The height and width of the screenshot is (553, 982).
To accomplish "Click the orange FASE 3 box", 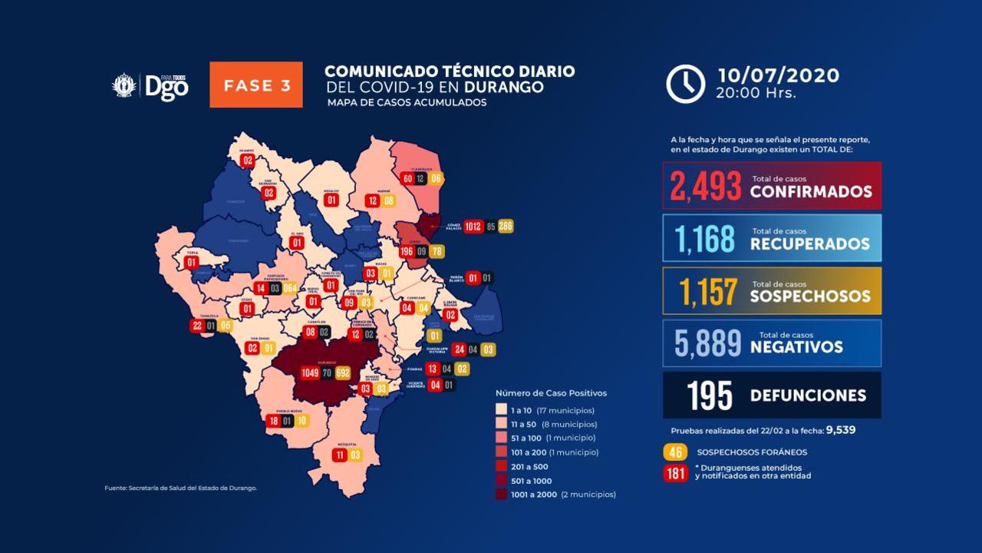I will [x=256, y=84].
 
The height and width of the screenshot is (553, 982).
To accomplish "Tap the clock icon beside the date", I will [x=685, y=84].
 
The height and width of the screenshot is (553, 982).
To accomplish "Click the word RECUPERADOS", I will [x=810, y=244].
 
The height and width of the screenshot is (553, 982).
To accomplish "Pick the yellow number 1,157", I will [x=707, y=292].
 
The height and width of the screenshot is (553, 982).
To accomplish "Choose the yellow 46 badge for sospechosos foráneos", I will [x=676, y=452].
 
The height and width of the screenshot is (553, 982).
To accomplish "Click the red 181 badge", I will [x=676, y=473].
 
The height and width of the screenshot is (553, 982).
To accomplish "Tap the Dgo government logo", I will [x=151, y=85].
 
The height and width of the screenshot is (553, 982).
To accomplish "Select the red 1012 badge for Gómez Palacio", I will [x=473, y=226].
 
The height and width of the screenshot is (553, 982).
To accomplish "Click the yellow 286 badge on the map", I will [x=505, y=226].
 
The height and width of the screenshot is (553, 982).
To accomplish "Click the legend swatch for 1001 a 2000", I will [x=502, y=495].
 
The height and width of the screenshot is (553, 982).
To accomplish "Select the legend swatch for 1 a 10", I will [x=502, y=409].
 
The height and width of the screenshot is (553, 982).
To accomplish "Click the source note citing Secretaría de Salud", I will [x=180, y=488].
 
